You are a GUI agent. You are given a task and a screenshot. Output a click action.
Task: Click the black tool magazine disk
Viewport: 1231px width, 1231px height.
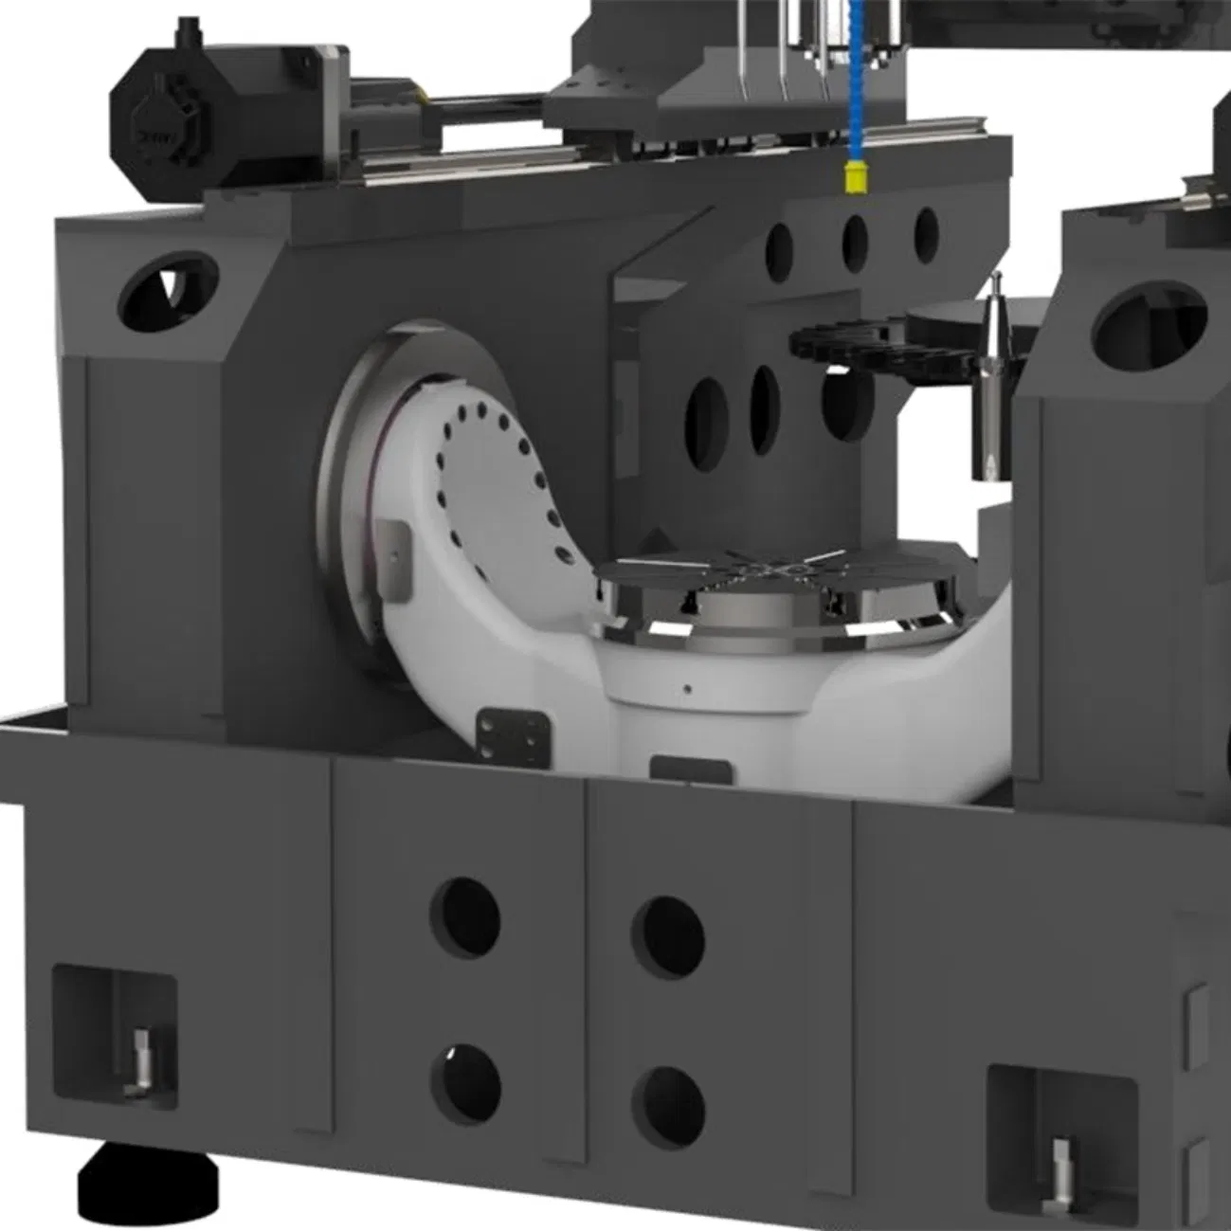click(x=872, y=346)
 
